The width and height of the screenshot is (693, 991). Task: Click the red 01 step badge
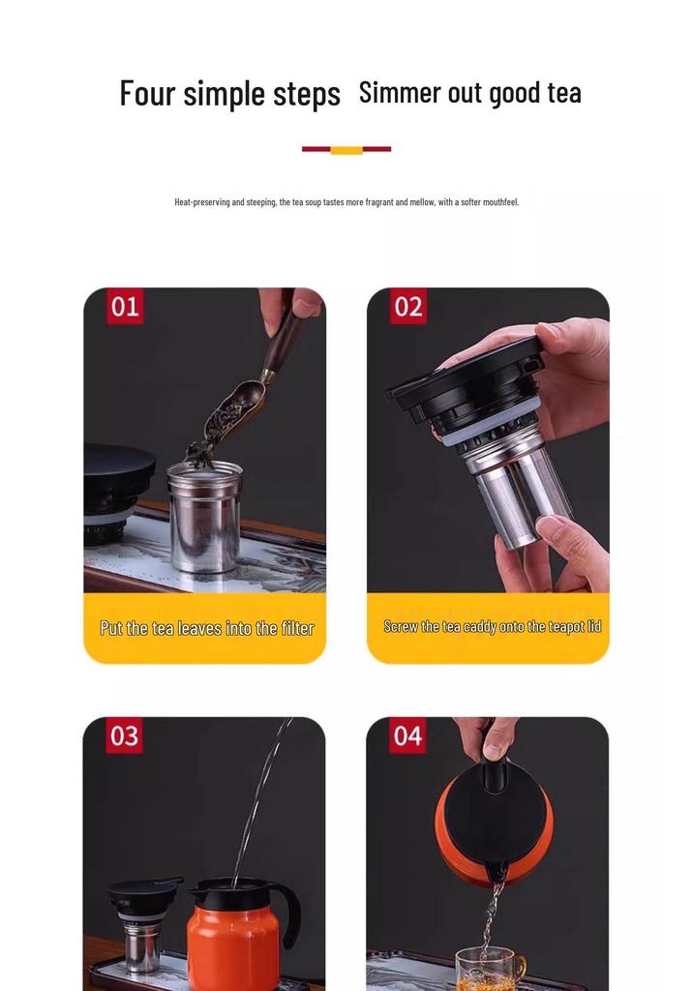[125, 307]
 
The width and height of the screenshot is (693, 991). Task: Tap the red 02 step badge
[407, 307]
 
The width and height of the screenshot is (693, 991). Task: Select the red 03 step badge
[124, 736]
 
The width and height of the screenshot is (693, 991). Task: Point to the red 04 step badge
[407, 736]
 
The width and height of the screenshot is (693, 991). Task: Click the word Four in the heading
[147, 93]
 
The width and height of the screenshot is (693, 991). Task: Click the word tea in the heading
[564, 93]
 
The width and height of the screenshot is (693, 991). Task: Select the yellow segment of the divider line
[346, 150]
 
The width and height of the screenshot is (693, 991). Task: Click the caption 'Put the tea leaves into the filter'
[207, 628]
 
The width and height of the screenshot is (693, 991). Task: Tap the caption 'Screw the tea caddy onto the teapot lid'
[492, 626]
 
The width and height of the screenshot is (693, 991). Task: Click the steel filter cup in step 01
[205, 517]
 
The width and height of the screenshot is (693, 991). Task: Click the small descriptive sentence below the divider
[346, 202]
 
